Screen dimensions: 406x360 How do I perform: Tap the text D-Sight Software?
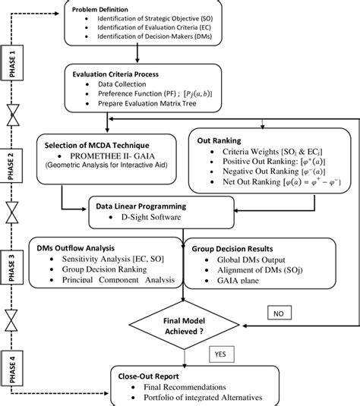pyautogui.click(x=148, y=219)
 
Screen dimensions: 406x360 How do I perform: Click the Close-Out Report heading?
pyautogui.click(x=149, y=375)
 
